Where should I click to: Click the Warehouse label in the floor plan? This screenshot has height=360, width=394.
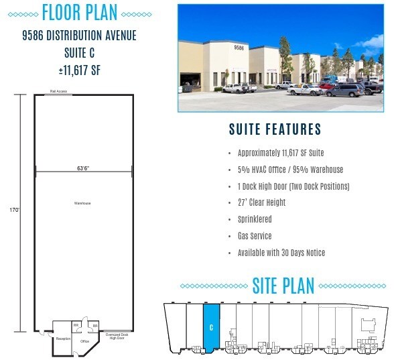point(82,202)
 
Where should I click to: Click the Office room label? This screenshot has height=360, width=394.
point(85,341)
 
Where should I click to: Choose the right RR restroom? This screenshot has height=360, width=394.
point(95,326)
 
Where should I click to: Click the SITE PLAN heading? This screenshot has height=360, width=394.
point(283,286)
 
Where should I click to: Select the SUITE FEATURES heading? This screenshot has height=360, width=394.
point(275,129)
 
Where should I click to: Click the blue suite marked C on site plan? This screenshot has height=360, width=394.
point(211,328)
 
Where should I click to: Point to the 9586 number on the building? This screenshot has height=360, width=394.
point(238,48)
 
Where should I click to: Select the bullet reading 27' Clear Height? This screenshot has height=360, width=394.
point(261,202)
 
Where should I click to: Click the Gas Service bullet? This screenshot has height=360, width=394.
point(254,236)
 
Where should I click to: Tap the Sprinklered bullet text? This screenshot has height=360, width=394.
point(254,219)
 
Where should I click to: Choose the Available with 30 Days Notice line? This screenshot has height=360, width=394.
point(281,253)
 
